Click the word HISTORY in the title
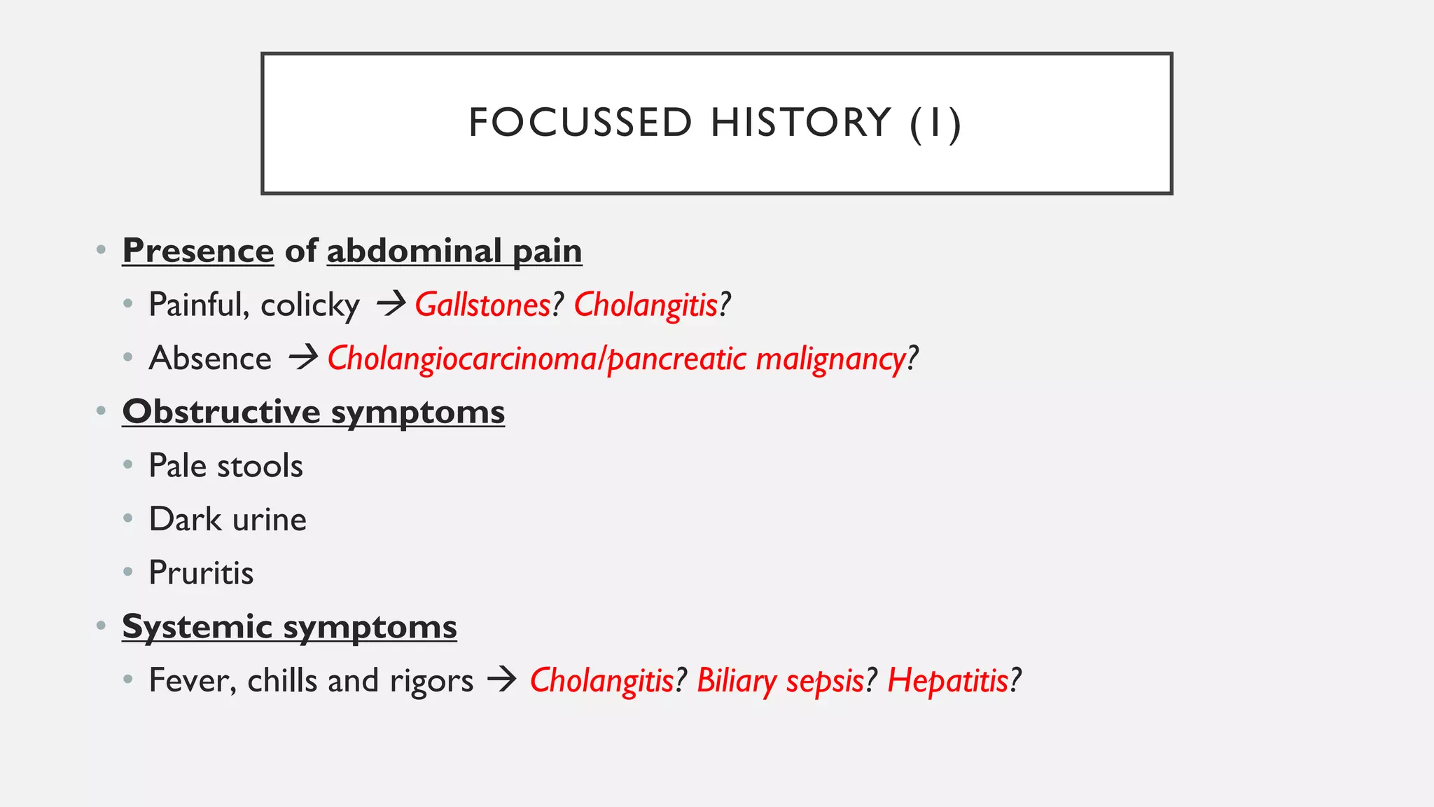[800, 123]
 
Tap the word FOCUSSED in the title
[580, 123]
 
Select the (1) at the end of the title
[935, 124]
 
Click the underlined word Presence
[198, 251]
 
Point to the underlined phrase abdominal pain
[454, 251]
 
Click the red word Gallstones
[483, 305]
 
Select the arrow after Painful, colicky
[391, 303]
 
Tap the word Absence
[210, 358]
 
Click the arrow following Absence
[303, 357]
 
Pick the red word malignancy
[830, 359]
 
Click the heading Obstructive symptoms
[313, 412]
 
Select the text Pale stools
[225, 466]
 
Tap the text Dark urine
[228, 519]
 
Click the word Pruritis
[201, 573]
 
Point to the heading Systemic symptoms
[289, 626]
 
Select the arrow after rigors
[501, 680]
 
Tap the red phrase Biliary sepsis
[780, 681]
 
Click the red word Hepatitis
[947, 681]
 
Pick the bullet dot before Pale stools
[127, 464]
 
